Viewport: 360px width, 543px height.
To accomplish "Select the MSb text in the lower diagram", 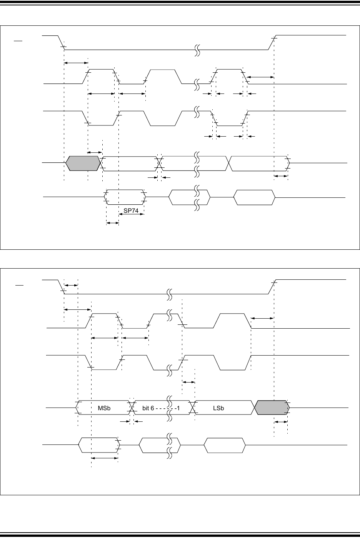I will [104, 408].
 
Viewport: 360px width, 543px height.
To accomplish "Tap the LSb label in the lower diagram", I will [218, 408].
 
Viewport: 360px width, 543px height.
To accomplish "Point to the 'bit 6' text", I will [148, 408].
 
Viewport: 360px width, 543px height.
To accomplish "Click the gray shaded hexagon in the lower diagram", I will [272, 407].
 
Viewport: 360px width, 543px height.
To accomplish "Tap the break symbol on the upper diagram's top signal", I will [197, 50].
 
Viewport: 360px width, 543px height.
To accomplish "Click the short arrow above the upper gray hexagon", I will [95, 153].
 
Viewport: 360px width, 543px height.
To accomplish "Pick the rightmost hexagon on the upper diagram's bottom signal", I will [255, 197].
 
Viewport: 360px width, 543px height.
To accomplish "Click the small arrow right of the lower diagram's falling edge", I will [71, 285].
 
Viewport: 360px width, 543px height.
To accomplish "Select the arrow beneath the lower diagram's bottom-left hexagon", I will [105, 458].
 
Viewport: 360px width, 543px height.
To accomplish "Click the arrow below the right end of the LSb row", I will [281, 422].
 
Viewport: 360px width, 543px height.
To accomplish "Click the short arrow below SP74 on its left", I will [112, 223].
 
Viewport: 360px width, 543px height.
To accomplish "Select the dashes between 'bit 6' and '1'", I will [165, 408].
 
